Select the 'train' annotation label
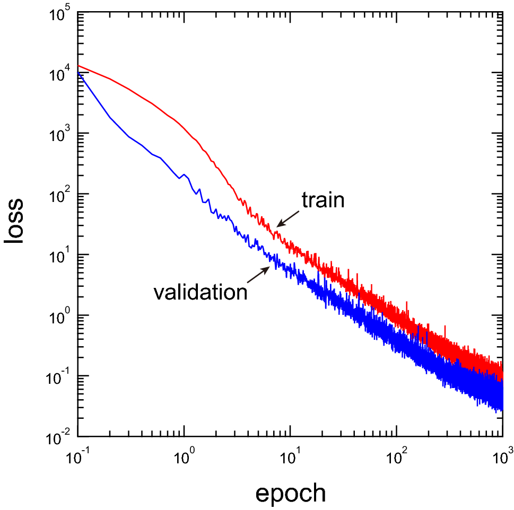[323, 200]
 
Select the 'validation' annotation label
[201, 292]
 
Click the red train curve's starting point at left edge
[79, 66]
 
